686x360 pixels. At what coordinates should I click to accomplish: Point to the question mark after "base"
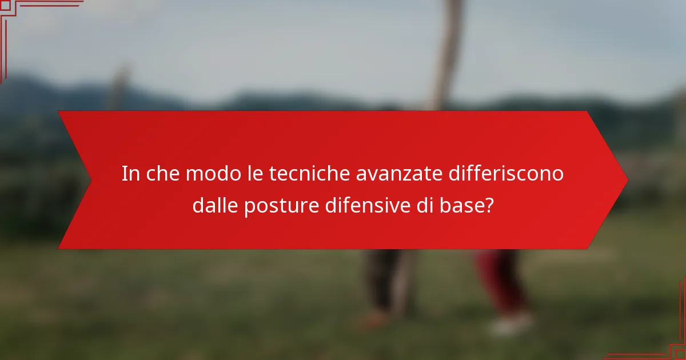[488, 205]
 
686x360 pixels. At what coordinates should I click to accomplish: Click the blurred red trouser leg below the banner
[500, 280]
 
